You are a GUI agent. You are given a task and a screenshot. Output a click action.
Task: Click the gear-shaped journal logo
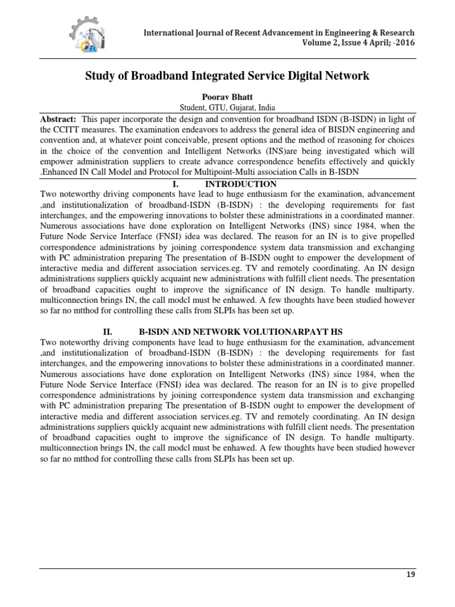pos(89,35)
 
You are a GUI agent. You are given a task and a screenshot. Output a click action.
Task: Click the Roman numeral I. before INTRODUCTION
pos(175,184)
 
